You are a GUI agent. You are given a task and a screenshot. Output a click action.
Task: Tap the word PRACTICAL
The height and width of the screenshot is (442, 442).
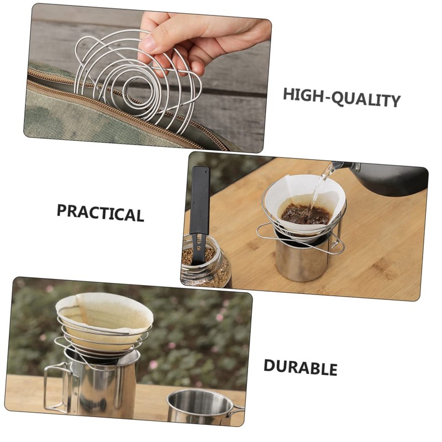pyautogui.click(x=100, y=212)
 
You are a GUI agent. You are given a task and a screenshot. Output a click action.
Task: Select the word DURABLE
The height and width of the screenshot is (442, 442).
pyautogui.click(x=300, y=367)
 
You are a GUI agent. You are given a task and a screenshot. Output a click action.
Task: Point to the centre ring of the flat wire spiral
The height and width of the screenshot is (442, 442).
pyautogui.click(x=134, y=88)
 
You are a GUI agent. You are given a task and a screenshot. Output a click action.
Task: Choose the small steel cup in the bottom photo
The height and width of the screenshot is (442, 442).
pyautogui.click(x=201, y=409)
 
